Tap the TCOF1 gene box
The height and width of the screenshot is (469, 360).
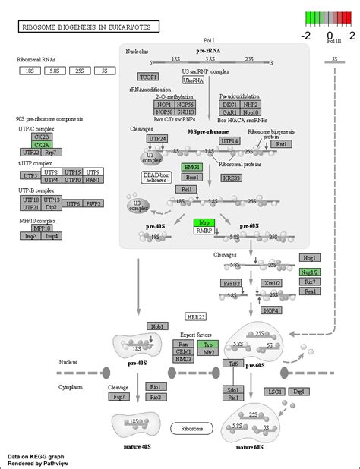(x=147, y=77)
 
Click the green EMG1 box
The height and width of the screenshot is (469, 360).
(x=191, y=166)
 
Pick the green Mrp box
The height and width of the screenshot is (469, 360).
(x=204, y=222)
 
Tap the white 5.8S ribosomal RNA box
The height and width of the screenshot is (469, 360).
(x=54, y=71)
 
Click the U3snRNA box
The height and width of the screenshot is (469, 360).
(x=193, y=80)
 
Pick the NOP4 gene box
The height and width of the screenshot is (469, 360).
(x=271, y=309)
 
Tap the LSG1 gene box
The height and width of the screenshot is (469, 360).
(x=275, y=391)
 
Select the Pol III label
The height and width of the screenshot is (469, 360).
(x=333, y=41)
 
